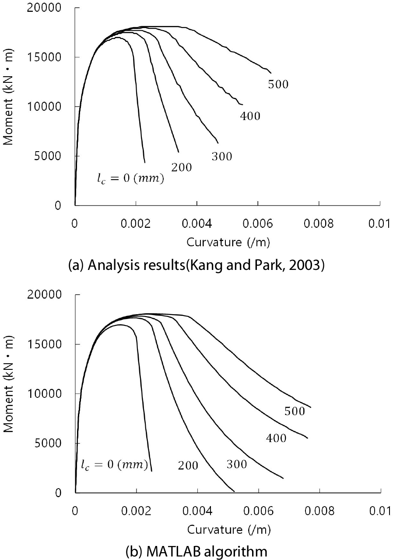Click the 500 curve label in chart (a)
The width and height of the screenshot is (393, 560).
coord(278,84)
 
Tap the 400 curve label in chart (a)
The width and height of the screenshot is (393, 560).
coord(250,116)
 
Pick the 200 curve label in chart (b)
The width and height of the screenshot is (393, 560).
coord(188,466)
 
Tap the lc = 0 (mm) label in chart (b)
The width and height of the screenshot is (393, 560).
coord(114,464)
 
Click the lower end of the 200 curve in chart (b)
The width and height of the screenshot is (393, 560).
coord(235,492)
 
